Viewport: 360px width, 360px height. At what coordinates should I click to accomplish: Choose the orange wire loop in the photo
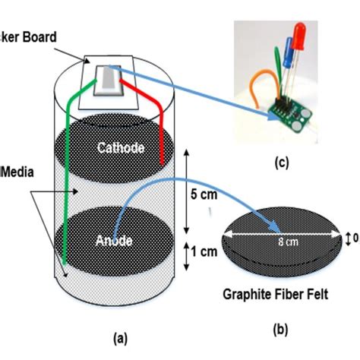click(x=257, y=88)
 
